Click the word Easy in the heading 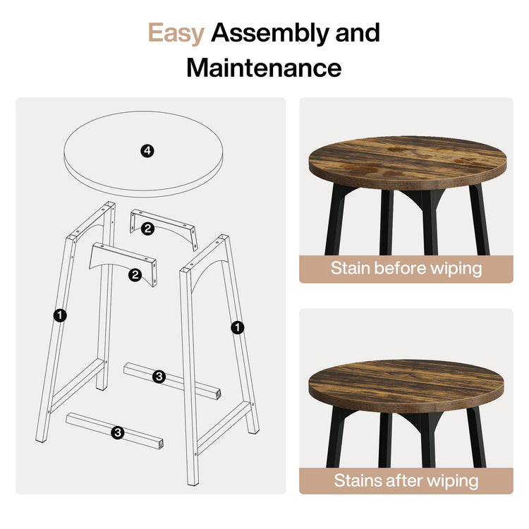(176, 33)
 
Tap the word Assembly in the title (266, 33)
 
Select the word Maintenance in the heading (264, 68)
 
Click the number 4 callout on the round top (147, 150)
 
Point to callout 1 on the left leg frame (60, 317)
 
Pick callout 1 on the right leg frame (237, 327)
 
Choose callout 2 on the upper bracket (147, 228)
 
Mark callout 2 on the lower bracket (134, 275)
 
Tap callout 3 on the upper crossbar (159, 377)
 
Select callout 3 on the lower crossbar (117, 432)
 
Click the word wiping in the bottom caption (453, 481)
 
